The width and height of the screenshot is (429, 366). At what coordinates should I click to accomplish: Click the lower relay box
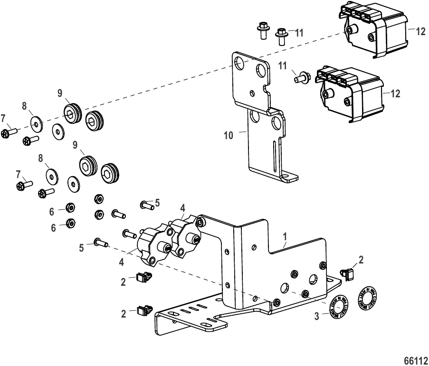pyautogui.click(x=351, y=94)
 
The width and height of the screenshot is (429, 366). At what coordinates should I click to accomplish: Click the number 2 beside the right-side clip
pyautogui.click(x=362, y=261)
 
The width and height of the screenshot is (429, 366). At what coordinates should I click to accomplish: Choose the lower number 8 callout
pyautogui.click(x=40, y=157)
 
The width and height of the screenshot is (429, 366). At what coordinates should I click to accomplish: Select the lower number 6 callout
pyautogui.click(x=54, y=227)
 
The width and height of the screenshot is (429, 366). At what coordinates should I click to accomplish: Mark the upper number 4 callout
pyautogui.click(x=182, y=207)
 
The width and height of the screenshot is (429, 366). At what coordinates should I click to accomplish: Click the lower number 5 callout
pyautogui.click(x=82, y=247)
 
